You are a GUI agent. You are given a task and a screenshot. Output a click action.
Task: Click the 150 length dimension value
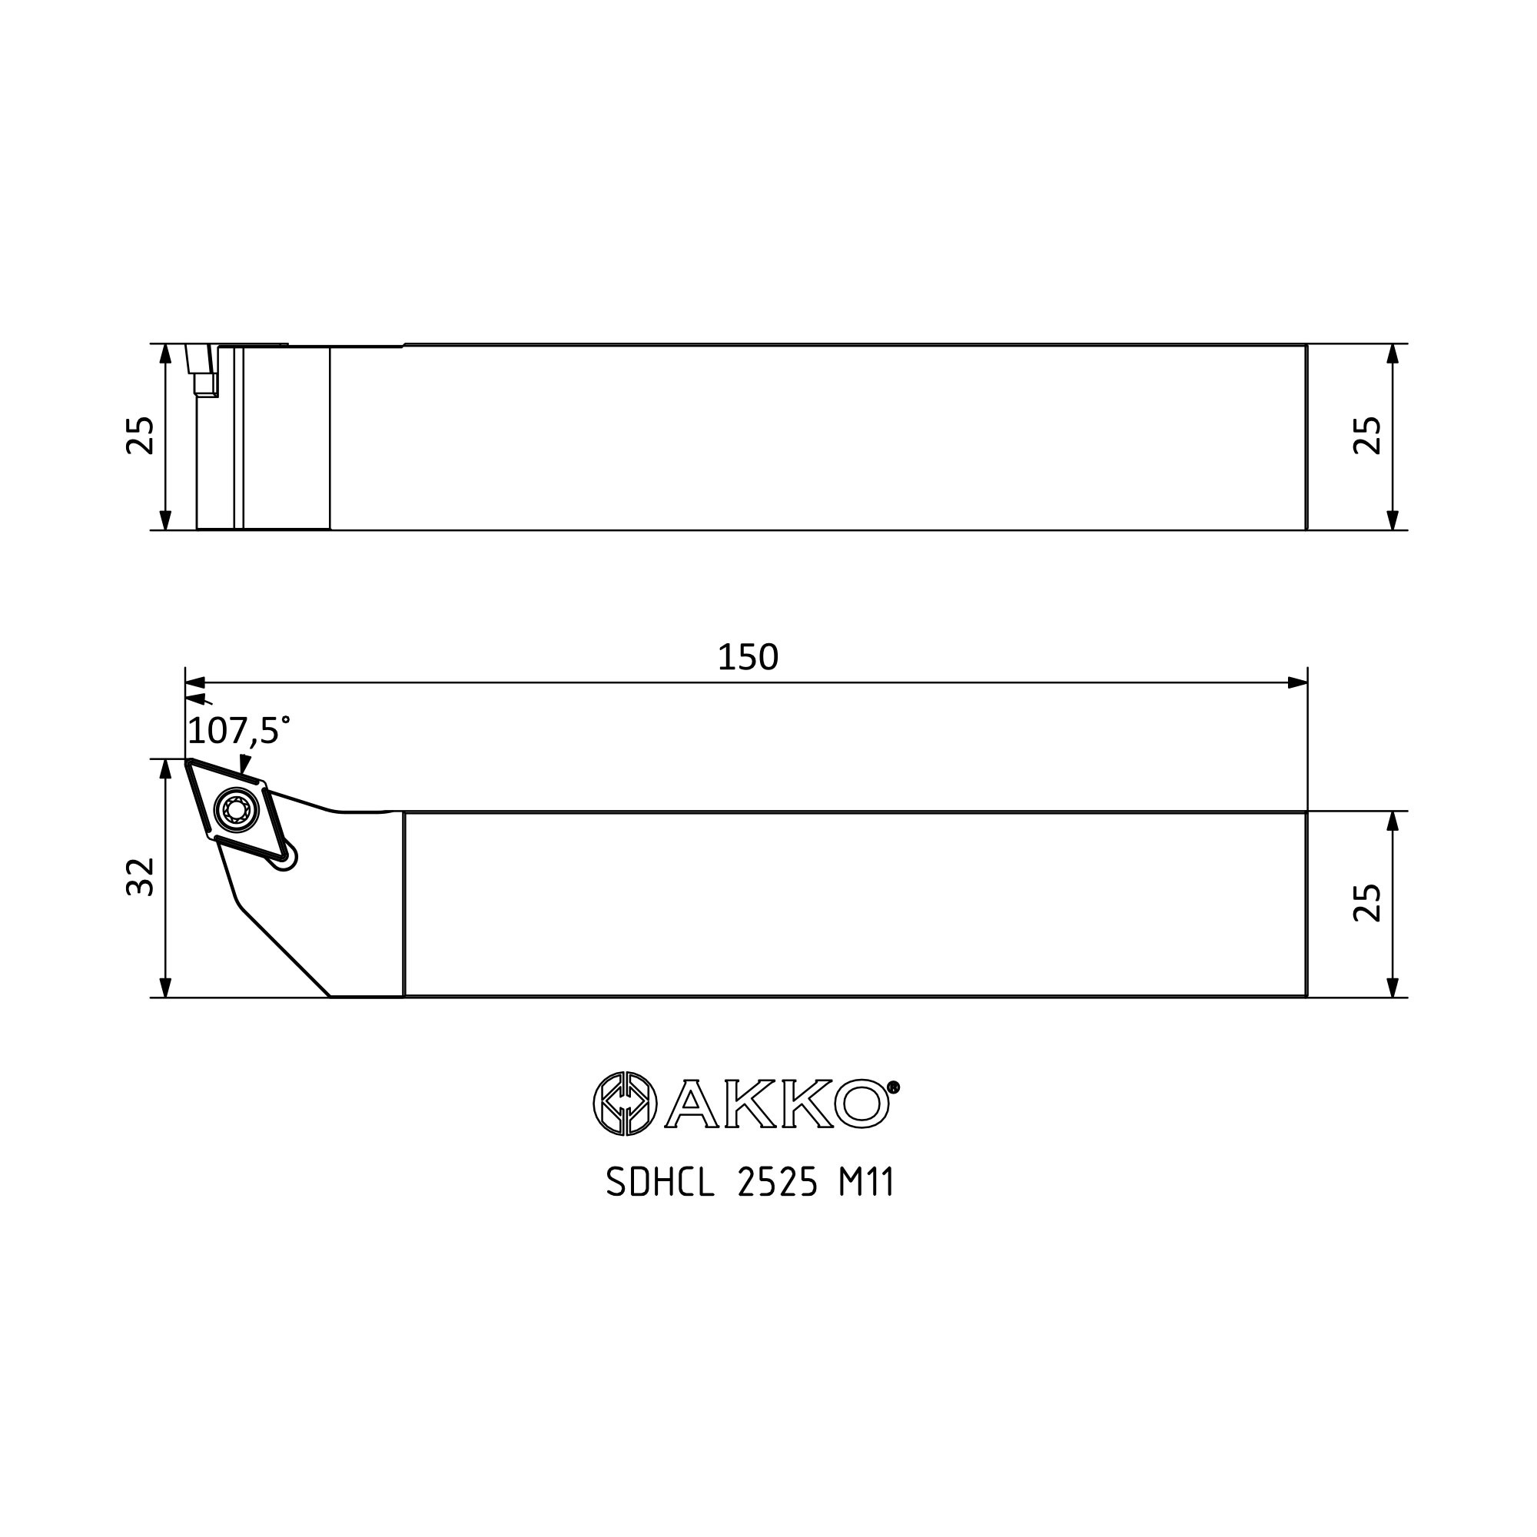point(748,657)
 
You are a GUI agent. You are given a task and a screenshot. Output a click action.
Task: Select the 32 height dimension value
point(141,877)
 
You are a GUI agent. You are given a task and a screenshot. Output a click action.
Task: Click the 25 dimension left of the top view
point(141,436)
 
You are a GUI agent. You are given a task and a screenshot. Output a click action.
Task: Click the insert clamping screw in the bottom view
point(237,811)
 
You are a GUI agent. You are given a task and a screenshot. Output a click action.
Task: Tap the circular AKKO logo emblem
point(626,1104)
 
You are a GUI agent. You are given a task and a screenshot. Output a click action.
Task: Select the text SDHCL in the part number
point(660,1183)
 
